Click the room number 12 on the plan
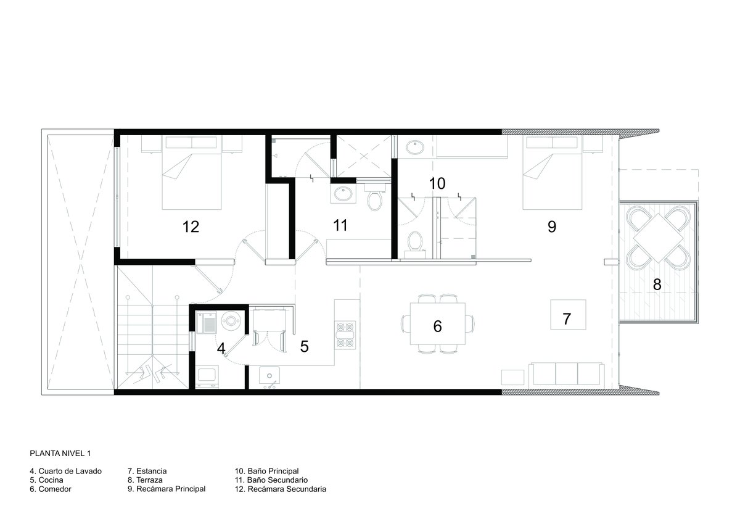coord(191,227)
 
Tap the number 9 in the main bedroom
coord(552,227)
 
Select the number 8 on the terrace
coord(657,285)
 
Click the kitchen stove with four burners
coord(345,335)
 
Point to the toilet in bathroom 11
coord(375,198)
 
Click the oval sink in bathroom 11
coord(343,194)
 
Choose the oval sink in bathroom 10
coord(415,148)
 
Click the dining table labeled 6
coord(438,324)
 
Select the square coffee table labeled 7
coord(568,315)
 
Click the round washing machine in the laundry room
coord(231,320)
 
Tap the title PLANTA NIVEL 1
coord(60,453)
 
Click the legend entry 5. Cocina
coord(46,480)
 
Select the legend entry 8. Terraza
coord(145,480)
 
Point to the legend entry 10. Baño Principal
coord(266,471)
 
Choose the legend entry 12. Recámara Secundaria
coord(281,489)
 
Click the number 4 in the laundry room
coord(221,349)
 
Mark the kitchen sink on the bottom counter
coord(269,375)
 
